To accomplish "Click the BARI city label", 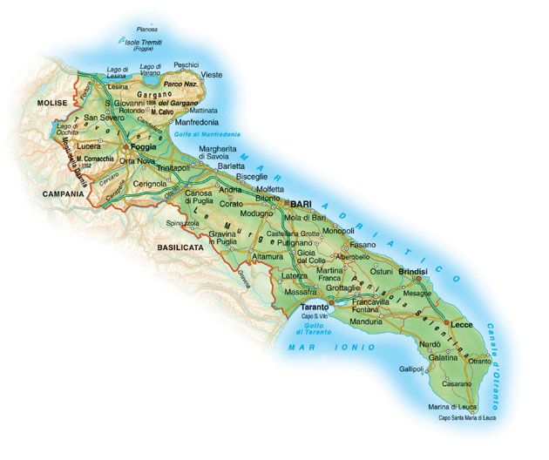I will [301, 202].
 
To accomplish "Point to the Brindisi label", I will [413, 272].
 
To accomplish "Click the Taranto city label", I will [315, 308].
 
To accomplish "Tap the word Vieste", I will [212, 76].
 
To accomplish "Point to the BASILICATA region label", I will [180, 247].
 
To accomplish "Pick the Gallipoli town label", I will [411, 369].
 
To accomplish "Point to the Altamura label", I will [268, 258].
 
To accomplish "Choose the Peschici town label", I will [186, 64].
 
